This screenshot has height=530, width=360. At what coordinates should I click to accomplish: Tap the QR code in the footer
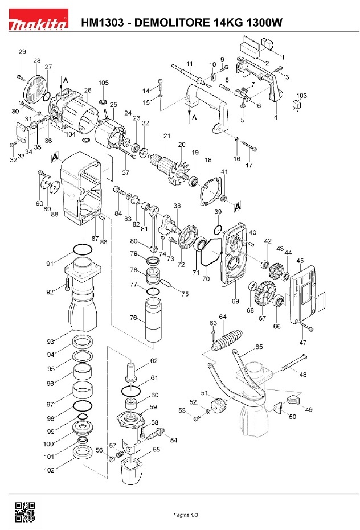(24, 512)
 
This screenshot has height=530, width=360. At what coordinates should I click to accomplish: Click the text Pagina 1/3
(186, 515)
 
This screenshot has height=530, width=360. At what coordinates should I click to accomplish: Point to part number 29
(22, 52)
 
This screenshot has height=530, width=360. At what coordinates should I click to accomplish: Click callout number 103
(302, 95)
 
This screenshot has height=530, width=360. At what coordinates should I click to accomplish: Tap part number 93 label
(50, 342)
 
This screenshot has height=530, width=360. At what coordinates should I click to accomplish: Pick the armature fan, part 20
(181, 166)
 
